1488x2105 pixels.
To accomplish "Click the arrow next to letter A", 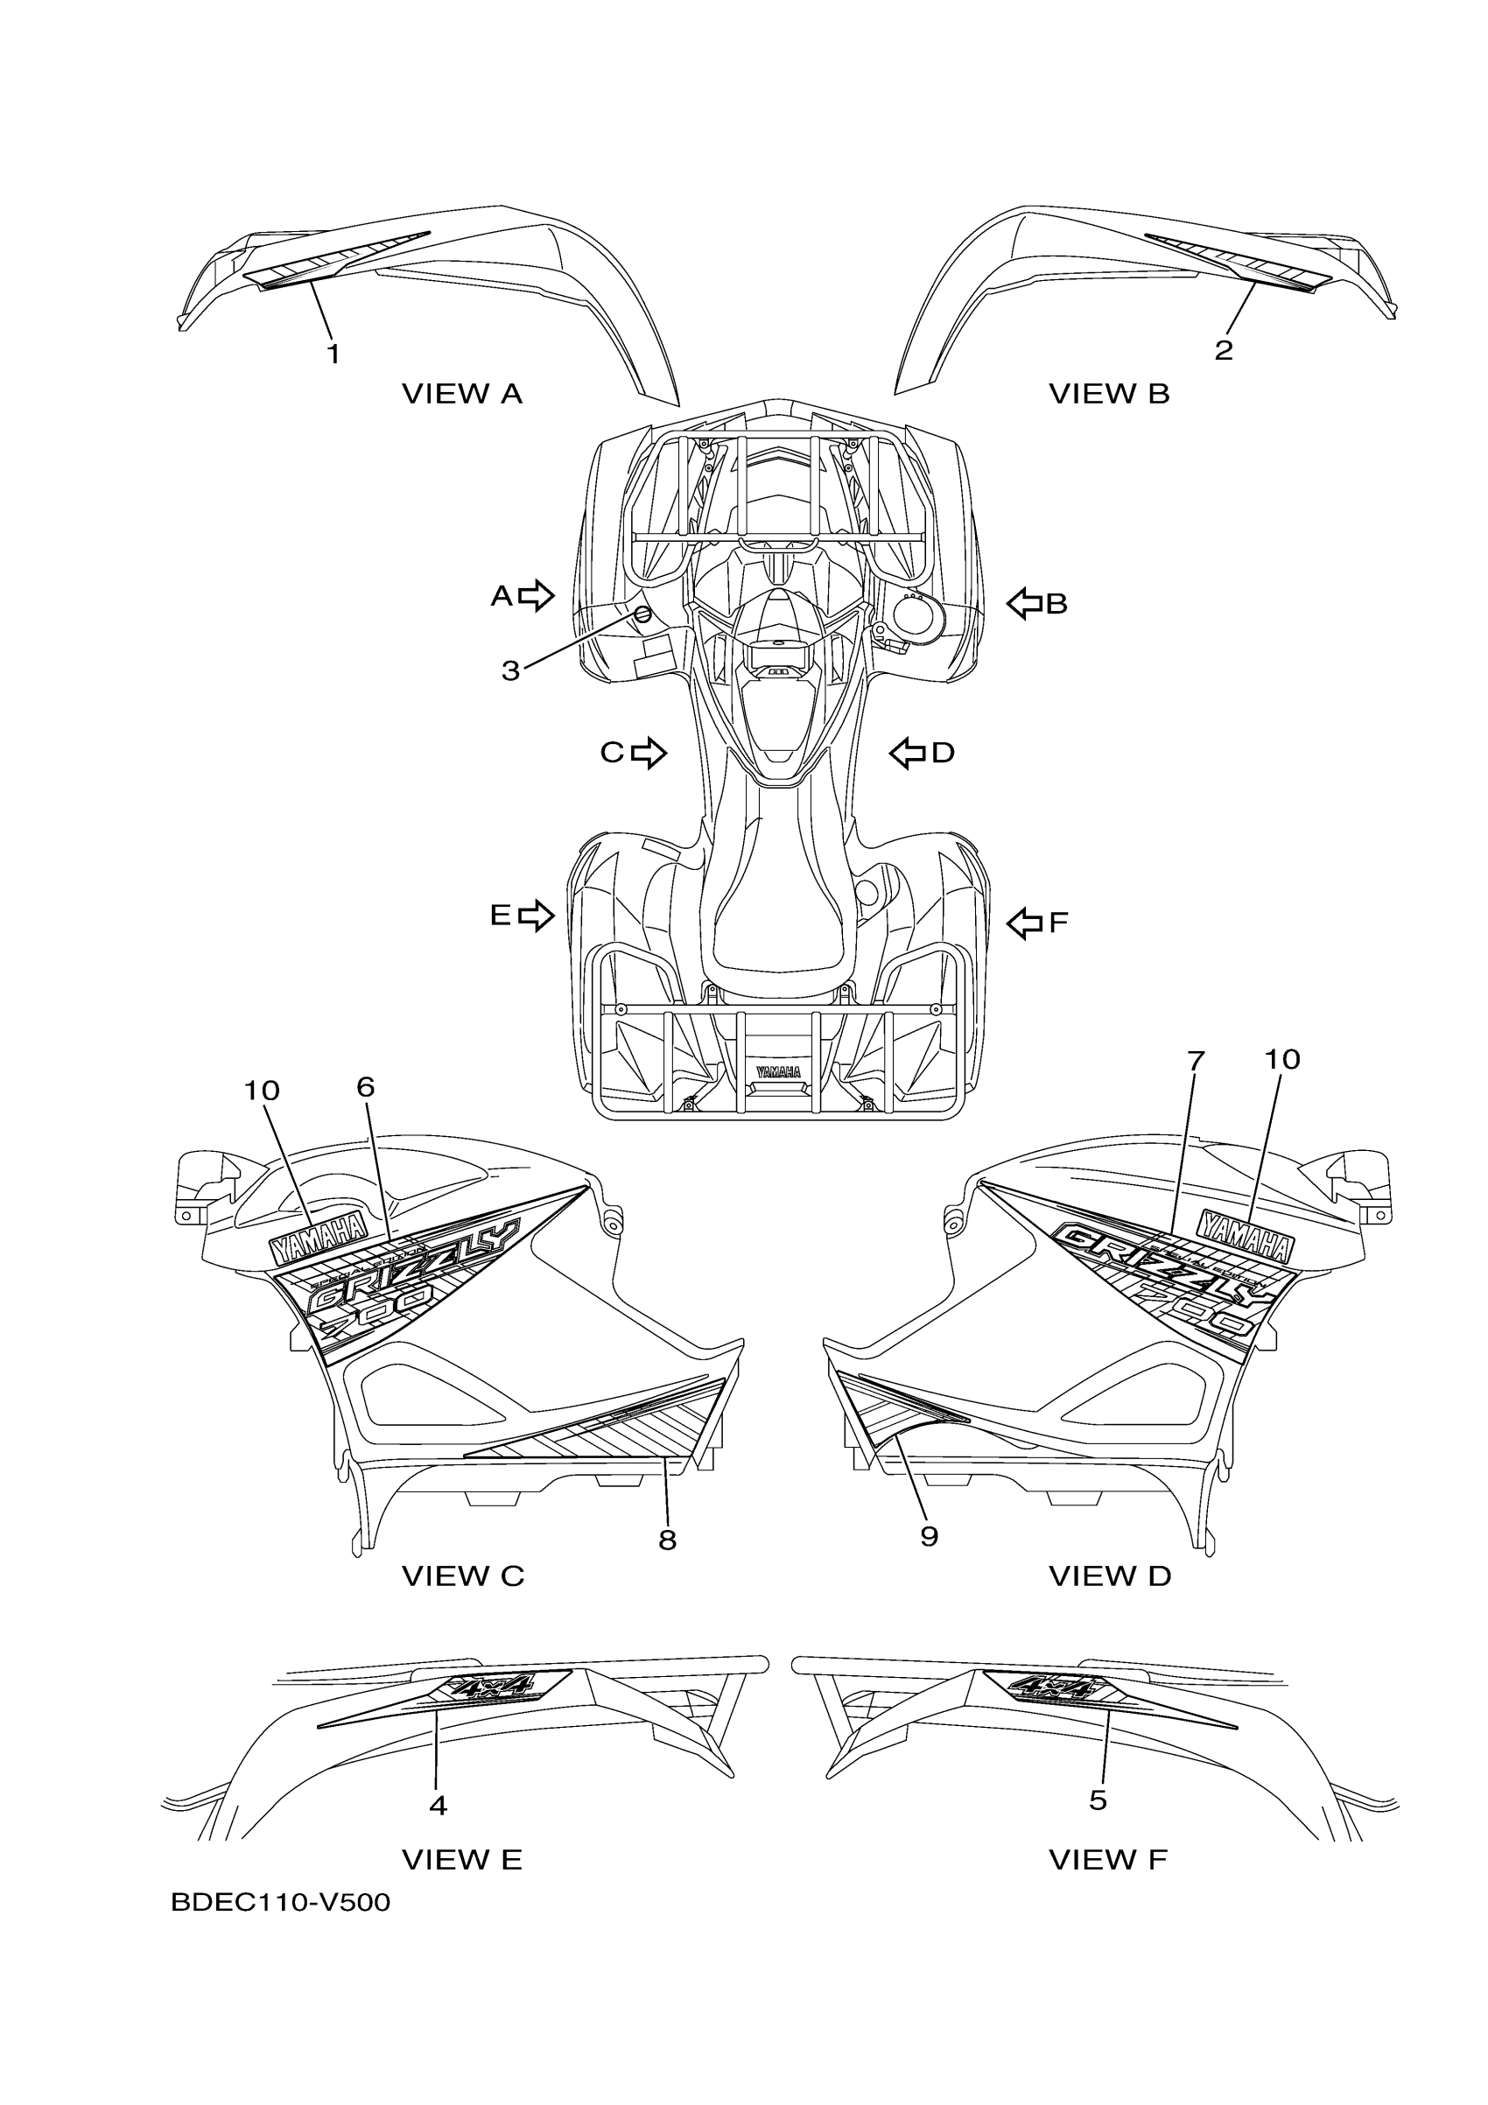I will click(x=537, y=596).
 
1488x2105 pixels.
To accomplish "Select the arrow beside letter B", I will click(x=1025, y=603).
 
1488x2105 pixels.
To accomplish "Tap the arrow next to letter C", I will click(x=649, y=753).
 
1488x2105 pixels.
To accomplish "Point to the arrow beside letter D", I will click(x=907, y=754).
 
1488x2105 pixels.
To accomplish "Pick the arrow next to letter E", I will click(x=537, y=915).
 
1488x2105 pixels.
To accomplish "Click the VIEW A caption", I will click(x=462, y=394).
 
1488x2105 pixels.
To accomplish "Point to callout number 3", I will click(x=510, y=671).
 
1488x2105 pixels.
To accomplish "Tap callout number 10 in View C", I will click(x=262, y=1091).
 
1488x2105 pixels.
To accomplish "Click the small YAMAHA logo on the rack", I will click(x=778, y=1070).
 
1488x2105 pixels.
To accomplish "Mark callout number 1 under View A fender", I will click(x=333, y=354).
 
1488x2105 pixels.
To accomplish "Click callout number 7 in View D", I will click(x=1195, y=1062).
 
